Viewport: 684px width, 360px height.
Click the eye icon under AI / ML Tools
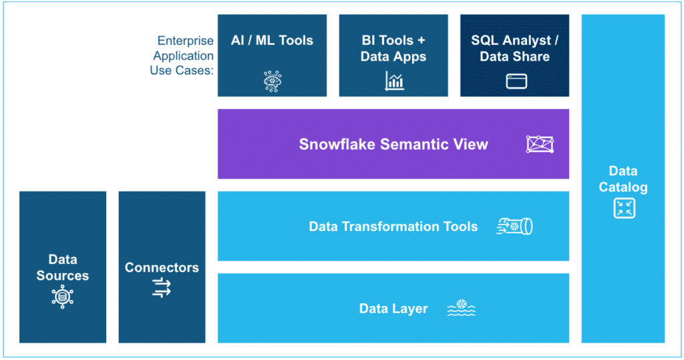coord(272,81)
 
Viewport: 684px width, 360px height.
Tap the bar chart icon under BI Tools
coord(394,81)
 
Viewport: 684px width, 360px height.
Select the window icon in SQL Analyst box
coord(516,81)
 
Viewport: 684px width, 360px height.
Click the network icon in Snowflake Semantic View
coord(539,144)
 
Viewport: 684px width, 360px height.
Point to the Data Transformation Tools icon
coord(514,226)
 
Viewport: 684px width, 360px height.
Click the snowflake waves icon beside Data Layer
coord(461,308)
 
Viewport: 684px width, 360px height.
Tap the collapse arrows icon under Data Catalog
coord(623,208)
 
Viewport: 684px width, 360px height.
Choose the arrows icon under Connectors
coord(162,288)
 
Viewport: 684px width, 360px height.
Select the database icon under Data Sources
coord(62,296)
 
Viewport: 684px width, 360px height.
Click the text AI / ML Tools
coord(272,41)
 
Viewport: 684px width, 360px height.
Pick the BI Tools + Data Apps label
coord(393,49)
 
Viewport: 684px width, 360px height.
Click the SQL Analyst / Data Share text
coord(515,49)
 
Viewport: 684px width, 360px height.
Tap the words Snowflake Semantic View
coord(393,144)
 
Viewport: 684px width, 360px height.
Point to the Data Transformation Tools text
coord(393,226)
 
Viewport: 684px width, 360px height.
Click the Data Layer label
coord(393,309)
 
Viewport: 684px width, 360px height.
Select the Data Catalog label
coord(623,179)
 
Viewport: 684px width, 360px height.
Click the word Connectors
coord(162,267)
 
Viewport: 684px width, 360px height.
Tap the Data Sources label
coord(62,267)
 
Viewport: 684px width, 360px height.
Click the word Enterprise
coord(185,41)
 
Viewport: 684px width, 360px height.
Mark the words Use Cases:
coord(181,70)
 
